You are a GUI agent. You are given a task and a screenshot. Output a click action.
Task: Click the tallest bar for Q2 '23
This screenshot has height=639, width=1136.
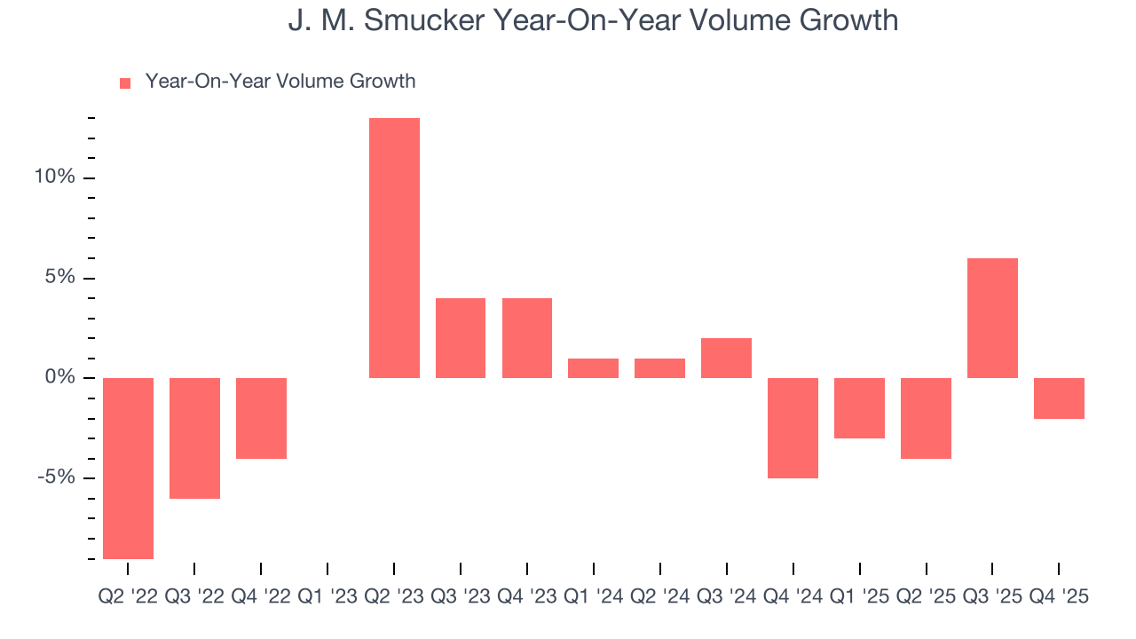pos(394,248)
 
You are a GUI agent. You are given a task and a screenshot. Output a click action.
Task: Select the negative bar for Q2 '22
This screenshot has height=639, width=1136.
pos(128,468)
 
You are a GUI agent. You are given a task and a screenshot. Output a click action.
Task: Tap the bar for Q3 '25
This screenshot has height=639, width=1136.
pos(992,318)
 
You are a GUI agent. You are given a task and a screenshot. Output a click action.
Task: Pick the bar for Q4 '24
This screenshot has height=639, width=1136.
pos(793,428)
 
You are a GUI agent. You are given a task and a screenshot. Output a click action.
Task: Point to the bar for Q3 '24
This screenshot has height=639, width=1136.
pos(726,358)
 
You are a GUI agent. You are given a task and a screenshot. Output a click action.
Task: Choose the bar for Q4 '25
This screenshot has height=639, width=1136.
pos(1059,398)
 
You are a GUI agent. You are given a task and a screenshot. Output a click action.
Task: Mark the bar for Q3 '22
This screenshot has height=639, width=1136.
pos(194,438)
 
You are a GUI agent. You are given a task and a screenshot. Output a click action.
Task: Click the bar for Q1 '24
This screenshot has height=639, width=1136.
pos(593,367)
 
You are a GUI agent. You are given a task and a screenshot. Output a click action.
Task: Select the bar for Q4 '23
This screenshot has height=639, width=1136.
pos(527,338)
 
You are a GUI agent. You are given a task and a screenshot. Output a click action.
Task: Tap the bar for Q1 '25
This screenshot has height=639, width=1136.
pos(859,407)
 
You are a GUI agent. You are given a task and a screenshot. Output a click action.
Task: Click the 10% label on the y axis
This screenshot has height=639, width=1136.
pos(54,177)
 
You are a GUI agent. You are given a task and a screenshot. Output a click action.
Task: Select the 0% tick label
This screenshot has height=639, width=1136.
pos(59,378)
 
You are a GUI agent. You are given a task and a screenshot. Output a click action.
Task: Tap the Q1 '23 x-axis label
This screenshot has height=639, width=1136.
pos(327,596)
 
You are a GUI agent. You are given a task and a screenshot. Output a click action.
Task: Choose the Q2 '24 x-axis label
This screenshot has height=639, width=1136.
pos(660,596)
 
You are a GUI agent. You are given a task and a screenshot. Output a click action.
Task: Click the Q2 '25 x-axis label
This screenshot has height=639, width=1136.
pos(926,596)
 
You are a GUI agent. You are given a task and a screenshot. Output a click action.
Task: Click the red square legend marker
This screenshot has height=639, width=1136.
pos(125,83)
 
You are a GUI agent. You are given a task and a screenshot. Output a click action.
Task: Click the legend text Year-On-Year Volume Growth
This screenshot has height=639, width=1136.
pos(280,82)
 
